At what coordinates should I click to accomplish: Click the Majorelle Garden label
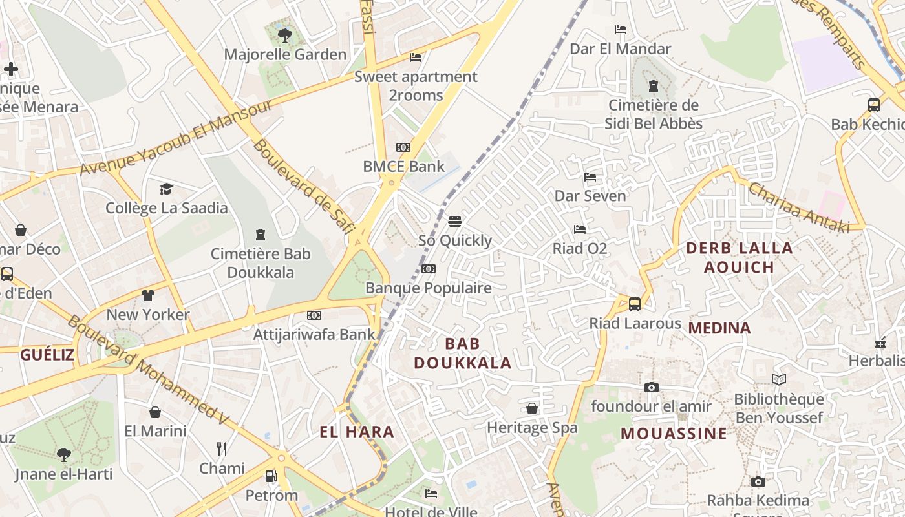click(x=285, y=54)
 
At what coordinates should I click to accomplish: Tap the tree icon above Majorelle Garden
click(x=284, y=35)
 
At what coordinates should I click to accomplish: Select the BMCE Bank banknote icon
click(x=403, y=147)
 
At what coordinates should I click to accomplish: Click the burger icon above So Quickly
click(x=454, y=222)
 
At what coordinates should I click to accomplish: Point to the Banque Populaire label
click(x=429, y=288)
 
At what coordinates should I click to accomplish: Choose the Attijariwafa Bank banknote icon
click(x=314, y=315)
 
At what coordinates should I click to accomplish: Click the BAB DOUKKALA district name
click(x=463, y=353)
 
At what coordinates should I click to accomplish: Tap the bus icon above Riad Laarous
click(x=635, y=304)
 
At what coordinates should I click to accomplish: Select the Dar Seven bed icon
click(x=590, y=177)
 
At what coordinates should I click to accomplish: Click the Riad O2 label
click(x=580, y=248)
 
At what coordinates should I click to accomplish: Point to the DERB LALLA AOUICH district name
click(x=739, y=257)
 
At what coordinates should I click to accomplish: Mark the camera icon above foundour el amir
click(x=652, y=388)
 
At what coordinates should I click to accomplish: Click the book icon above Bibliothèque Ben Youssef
click(x=779, y=380)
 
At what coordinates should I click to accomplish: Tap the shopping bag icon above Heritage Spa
click(x=532, y=408)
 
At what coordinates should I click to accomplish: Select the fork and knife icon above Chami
click(x=222, y=449)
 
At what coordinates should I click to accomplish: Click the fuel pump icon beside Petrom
click(x=271, y=477)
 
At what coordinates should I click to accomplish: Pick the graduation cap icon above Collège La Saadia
click(x=167, y=189)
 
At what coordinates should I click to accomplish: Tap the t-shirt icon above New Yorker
click(x=148, y=295)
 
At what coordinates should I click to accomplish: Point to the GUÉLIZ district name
click(x=47, y=354)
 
